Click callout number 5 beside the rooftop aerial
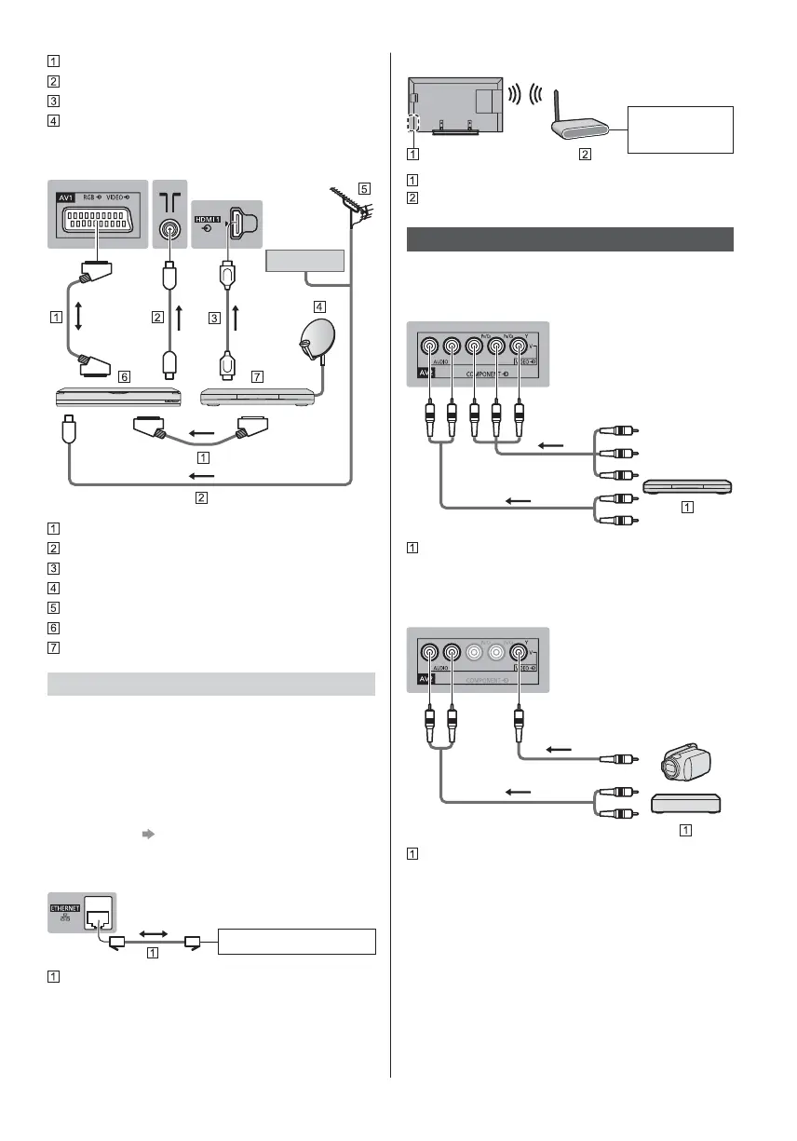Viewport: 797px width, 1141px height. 364,187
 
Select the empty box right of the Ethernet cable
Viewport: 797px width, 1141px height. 297,941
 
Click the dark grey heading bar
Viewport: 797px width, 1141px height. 571,239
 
